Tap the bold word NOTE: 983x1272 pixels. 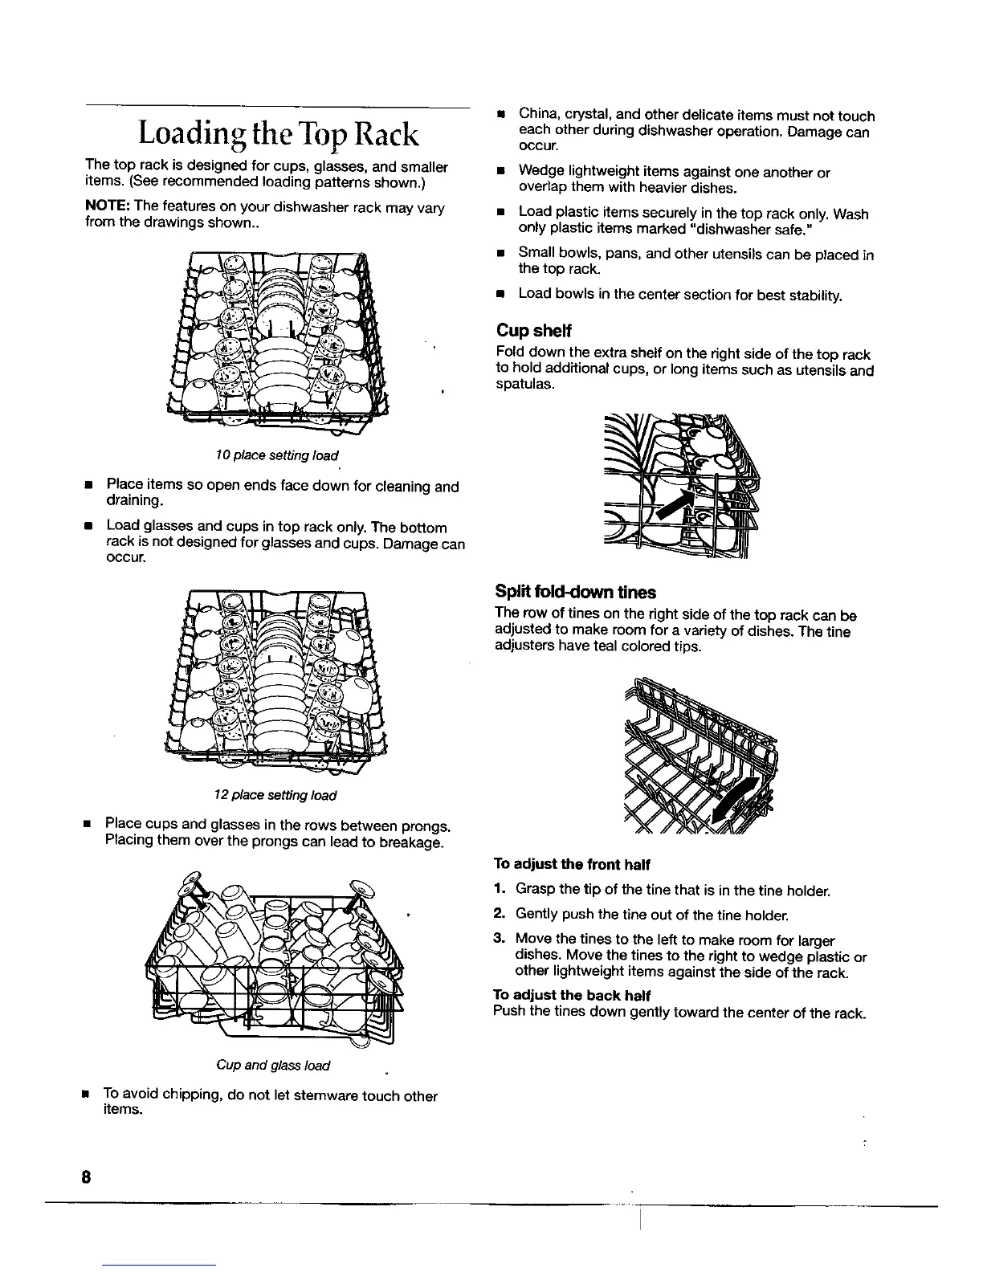point(104,208)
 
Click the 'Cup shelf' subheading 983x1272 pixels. point(534,331)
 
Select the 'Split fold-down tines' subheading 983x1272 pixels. point(576,593)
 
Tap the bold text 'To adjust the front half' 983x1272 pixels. point(571,864)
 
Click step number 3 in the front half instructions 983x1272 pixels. point(498,940)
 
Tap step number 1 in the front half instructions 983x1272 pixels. point(498,891)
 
